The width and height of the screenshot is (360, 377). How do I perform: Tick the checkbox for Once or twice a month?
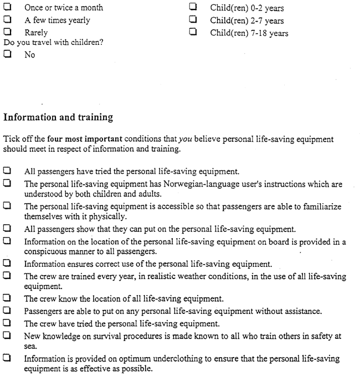click(8, 8)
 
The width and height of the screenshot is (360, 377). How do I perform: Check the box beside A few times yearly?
click(8, 20)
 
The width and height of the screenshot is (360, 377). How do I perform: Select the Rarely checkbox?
click(8, 32)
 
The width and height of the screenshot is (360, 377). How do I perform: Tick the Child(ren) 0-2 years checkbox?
click(193, 8)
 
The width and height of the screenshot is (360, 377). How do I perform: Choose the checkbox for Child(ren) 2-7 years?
click(193, 20)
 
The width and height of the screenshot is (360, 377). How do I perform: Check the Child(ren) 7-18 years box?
click(193, 32)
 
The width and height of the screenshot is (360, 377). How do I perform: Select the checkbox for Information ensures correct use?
click(8, 264)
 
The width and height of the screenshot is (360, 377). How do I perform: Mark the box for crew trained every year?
click(8, 276)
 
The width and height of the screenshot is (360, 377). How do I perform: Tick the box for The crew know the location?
click(8, 299)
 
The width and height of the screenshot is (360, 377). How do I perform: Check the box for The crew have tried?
click(8, 323)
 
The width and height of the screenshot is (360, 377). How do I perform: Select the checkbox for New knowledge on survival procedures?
click(8, 335)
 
